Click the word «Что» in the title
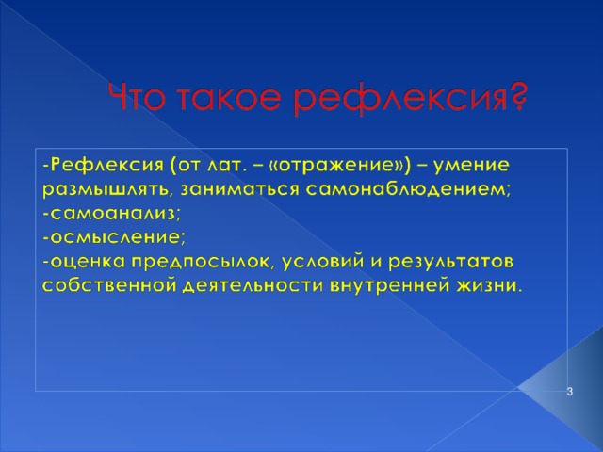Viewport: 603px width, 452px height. (x=138, y=97)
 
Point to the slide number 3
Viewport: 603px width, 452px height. (x=569, y=392)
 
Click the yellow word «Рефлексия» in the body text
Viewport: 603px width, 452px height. (x=107, y=166)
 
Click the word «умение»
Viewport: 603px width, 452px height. (x=471, y=166)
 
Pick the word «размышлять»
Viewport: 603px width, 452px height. (x=106, y=190)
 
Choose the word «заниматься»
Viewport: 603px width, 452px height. (x=239, y=190)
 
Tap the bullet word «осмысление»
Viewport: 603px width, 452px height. (x=115, y=237)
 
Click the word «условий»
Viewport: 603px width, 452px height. (x=322, y=262)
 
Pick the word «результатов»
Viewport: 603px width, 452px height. (x=450, y=263)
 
